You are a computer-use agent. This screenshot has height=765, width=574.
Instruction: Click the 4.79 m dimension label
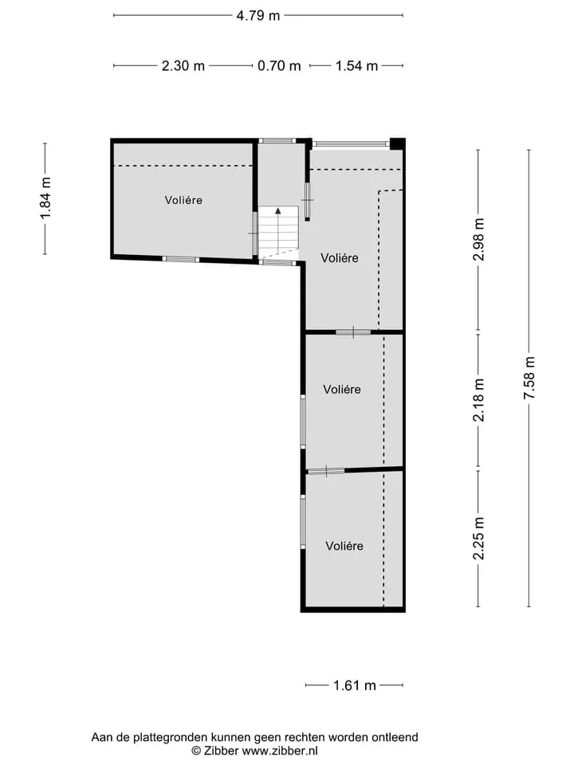click(258, 16)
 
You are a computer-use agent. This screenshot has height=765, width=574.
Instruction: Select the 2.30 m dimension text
click(183, 65)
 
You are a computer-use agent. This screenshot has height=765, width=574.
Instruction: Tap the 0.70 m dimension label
click(279, 65)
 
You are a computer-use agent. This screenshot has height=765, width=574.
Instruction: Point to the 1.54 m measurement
click(356, 65)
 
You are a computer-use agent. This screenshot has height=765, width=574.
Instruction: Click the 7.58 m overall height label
click(529, 378)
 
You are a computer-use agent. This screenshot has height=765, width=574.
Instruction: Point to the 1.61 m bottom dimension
click(354, 685)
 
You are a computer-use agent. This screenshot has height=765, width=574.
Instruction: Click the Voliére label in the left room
click(183, 200)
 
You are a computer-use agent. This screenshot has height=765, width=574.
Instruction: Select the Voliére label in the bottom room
click(344, 546)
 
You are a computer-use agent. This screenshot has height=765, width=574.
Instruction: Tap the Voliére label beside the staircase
click(340, 258)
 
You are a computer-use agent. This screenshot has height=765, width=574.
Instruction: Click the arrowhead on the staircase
click(277, 210)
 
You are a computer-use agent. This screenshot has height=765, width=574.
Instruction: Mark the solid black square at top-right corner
click(397, 143)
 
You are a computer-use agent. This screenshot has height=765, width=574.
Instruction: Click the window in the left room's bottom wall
click(181, 260)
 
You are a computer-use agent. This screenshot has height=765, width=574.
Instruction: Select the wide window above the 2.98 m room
click(351, 144)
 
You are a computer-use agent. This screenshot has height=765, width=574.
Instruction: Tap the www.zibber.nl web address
click(280, 751)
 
